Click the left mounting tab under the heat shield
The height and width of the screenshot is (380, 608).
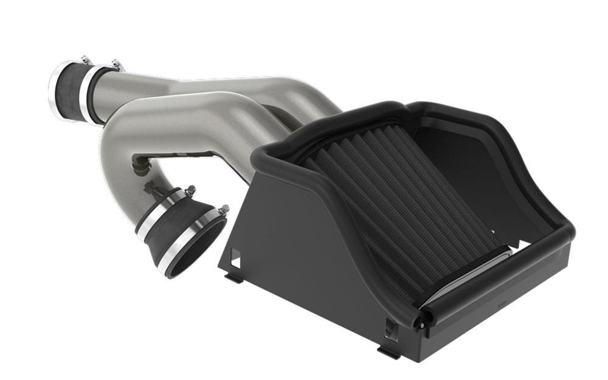(x=235, y=278)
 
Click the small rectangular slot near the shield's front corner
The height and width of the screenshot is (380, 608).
(x=389, y=328)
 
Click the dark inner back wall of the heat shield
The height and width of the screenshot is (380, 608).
(x=462, y=158)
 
